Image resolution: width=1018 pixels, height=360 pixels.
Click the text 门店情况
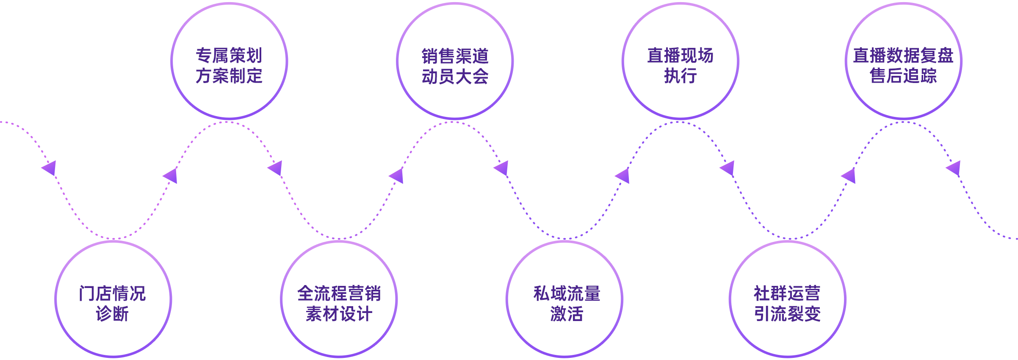point(112,294)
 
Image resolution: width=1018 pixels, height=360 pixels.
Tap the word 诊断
point(112,314)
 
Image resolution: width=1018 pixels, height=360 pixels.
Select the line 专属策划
point(229,55)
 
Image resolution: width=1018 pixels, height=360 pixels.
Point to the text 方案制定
point(229,76)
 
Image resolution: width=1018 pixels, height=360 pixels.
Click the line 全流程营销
point(339,294)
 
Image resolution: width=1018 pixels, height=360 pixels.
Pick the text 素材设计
point(339,314)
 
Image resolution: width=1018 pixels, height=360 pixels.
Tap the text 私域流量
point(567,294)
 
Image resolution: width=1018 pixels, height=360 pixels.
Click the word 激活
point(567,314)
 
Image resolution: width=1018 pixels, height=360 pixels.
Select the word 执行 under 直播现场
point(681,76)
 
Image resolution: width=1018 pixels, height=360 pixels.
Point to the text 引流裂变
point(787,314)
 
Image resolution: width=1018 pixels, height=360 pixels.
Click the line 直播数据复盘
point(903,55)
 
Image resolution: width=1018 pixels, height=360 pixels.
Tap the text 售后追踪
point(903,76)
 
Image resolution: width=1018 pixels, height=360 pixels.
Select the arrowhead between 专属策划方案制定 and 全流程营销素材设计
point(276,168)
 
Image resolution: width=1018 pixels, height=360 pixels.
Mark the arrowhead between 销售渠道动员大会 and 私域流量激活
point(502,168)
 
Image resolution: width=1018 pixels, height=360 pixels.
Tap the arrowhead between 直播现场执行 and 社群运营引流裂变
point(728,168)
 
